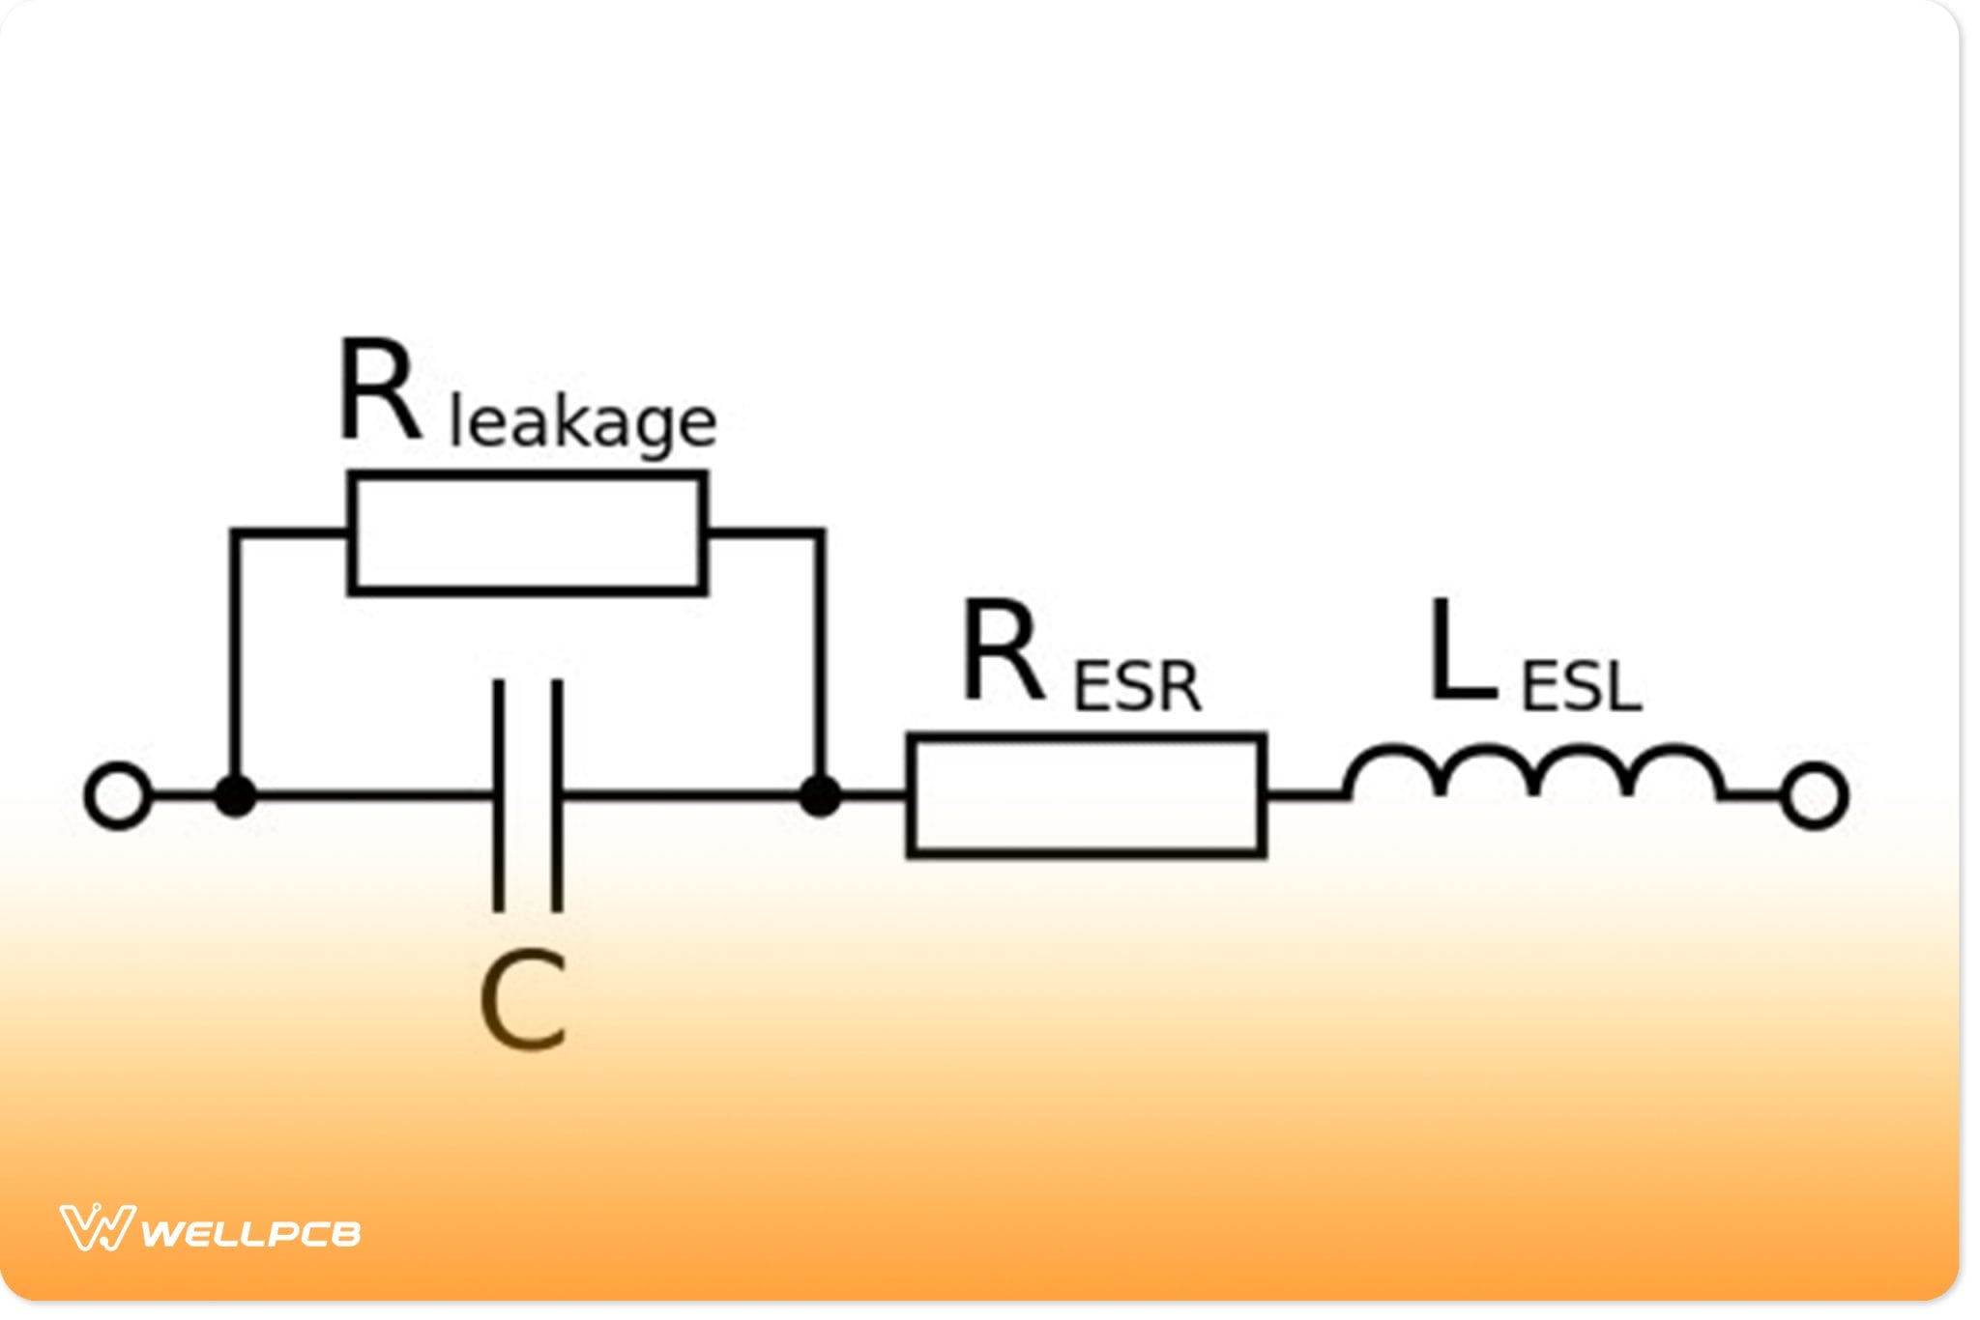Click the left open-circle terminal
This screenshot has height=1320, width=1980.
coord(118,796)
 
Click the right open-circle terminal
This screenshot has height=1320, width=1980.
coord(1815,796)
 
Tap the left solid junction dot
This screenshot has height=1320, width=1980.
coord(235,796)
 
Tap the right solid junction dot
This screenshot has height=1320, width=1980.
coord(820,796)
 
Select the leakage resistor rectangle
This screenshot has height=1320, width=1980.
coord(527,532)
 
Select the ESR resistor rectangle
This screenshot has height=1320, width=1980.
coord(1087,795)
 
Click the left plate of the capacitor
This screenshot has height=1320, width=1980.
coord(499,795)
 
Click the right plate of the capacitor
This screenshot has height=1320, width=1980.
coord(557,795)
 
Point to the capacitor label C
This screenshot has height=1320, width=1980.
coord(523,1000)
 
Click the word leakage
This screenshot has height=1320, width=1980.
coord(583,422)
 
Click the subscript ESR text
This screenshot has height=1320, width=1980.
coord(1137,686)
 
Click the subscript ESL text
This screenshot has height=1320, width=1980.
coord(1582,686)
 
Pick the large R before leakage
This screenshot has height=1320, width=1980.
coord(380,390)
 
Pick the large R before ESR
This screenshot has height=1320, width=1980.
coord(1004,650)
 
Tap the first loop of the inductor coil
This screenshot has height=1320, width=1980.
coord(1395,762)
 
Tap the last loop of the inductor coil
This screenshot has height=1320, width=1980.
coord(1675,762)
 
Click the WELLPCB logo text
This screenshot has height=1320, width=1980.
coord(251,1233)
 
